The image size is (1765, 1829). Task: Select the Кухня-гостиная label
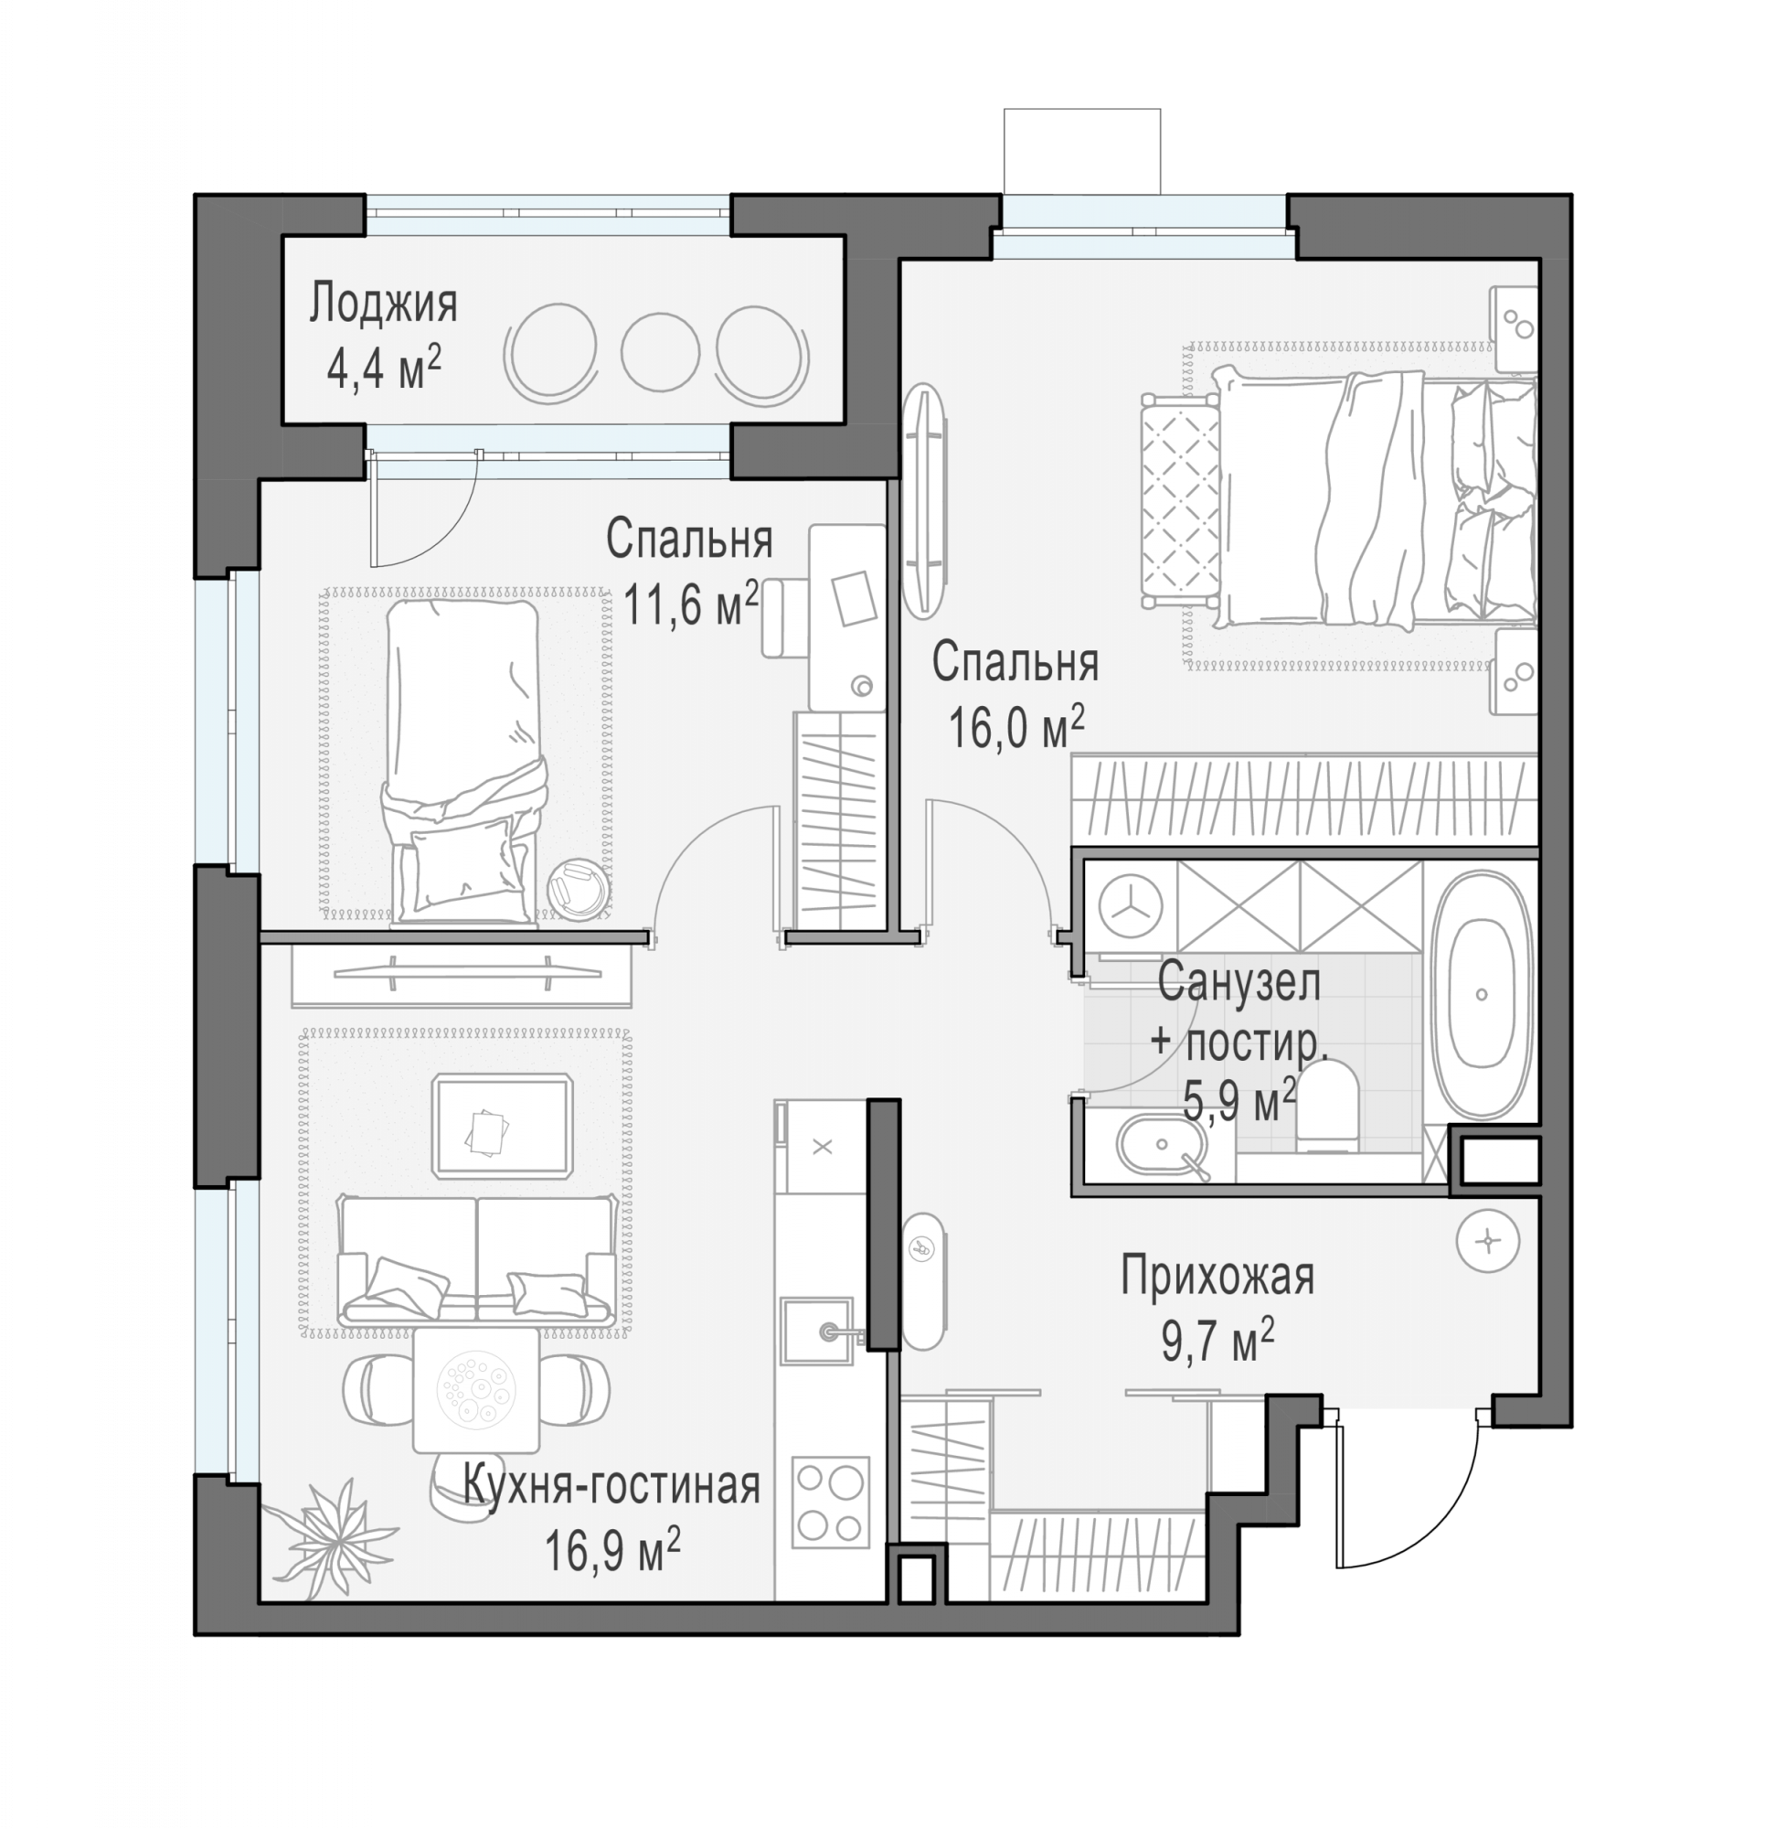point(612,1484)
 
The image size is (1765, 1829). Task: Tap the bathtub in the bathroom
point(1482,995)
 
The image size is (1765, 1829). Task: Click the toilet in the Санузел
point(1327,1107)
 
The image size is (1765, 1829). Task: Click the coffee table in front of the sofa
point(503,1126)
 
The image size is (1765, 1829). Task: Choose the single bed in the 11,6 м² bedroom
point(463,762)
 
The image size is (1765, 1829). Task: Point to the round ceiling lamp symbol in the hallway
point(1488,1241)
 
